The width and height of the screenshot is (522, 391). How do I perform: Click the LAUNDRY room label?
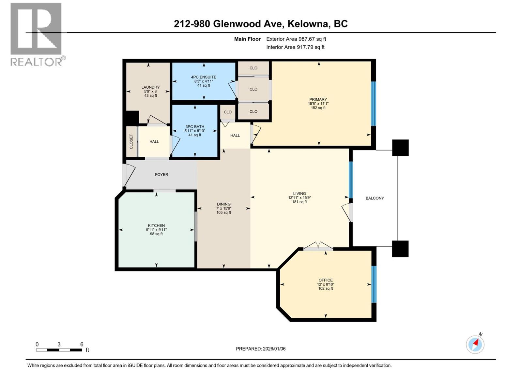click(x=150, y=87)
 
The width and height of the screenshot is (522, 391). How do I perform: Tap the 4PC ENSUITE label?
click(x=204, y=77)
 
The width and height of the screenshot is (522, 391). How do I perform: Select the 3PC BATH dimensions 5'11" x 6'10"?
click(x=195, y=131)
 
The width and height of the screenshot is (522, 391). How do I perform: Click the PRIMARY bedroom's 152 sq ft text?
click(x=318, y=108)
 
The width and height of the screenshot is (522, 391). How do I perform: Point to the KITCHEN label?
click(x=156, y=225)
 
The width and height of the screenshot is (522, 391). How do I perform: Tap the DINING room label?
click(x=223, y=204)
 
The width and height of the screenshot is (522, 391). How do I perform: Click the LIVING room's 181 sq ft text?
click(x=299, y=202)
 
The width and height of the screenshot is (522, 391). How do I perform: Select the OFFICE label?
click(x=326, y=280)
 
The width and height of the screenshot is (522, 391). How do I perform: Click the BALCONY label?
click(x=375, y=198)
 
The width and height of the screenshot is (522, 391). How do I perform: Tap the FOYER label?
click(x=161, y=175)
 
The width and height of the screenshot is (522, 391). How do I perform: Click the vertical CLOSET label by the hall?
click(x=131, y=141)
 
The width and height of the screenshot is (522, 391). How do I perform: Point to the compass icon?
click(x=475, y=344)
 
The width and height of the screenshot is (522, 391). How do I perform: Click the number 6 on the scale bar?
click(x=82, y=344)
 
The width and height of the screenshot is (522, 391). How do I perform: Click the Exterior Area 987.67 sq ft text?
click(x=296, y=39)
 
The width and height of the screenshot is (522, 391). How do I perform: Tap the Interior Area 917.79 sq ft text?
click(x=295, y=47)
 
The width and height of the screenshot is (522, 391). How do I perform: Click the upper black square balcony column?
click(x=400, y=148)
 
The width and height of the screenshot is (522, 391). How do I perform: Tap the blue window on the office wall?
click(x=374, y=284)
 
